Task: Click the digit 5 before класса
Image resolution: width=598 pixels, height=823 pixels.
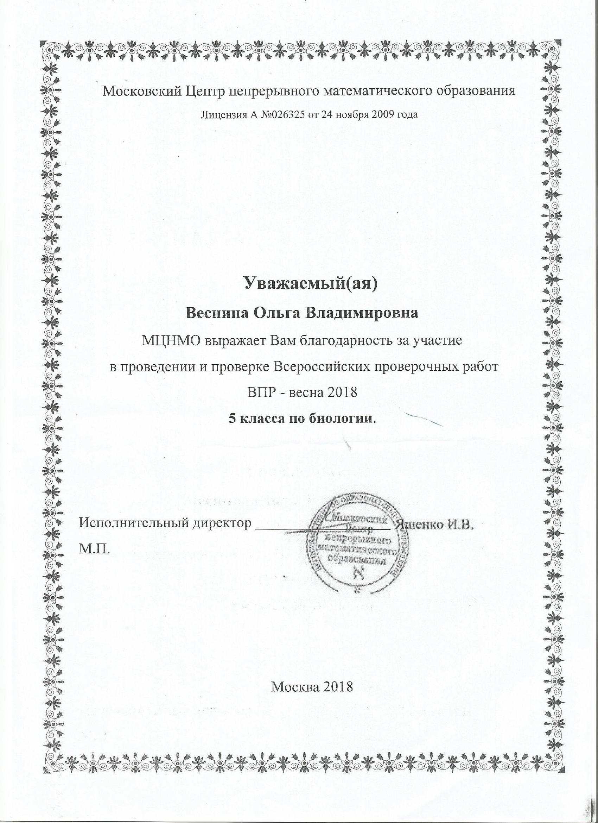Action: pos(231,419)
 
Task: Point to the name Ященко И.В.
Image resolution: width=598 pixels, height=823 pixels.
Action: pos(435,524)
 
